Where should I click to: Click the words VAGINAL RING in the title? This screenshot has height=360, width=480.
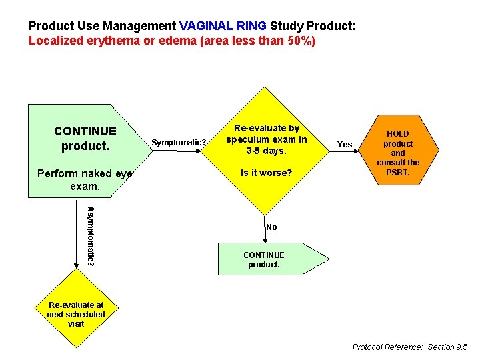tap(223, 26)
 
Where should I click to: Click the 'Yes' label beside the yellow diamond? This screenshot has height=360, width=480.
tap(345, 144)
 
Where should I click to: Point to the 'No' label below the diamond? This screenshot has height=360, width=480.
tap(271, 227)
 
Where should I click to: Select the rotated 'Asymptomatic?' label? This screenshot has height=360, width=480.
tap(90, 236)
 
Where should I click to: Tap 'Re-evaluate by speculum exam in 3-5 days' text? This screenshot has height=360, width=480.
tap(266, 139)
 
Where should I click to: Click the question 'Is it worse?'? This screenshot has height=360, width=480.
tap(266, 173)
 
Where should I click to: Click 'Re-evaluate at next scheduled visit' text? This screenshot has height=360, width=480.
tap(76, 314)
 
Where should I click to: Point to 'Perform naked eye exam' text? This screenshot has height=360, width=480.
tap(85, 180)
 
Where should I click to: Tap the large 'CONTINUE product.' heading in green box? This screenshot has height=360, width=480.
tap(85, 138)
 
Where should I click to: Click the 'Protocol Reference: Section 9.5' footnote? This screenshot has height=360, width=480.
tap(410, 347)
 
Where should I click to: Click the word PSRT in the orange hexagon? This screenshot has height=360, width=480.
tap(398, 173)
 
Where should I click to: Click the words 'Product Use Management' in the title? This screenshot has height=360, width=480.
tap(103, 26)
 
